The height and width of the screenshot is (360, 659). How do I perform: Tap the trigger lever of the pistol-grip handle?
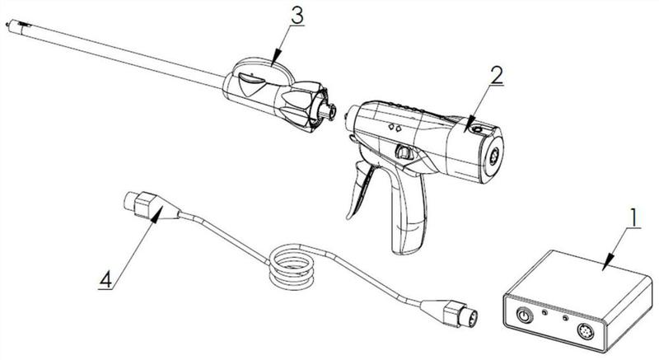(362, 191)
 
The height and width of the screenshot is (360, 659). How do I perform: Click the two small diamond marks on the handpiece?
(395, 128)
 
